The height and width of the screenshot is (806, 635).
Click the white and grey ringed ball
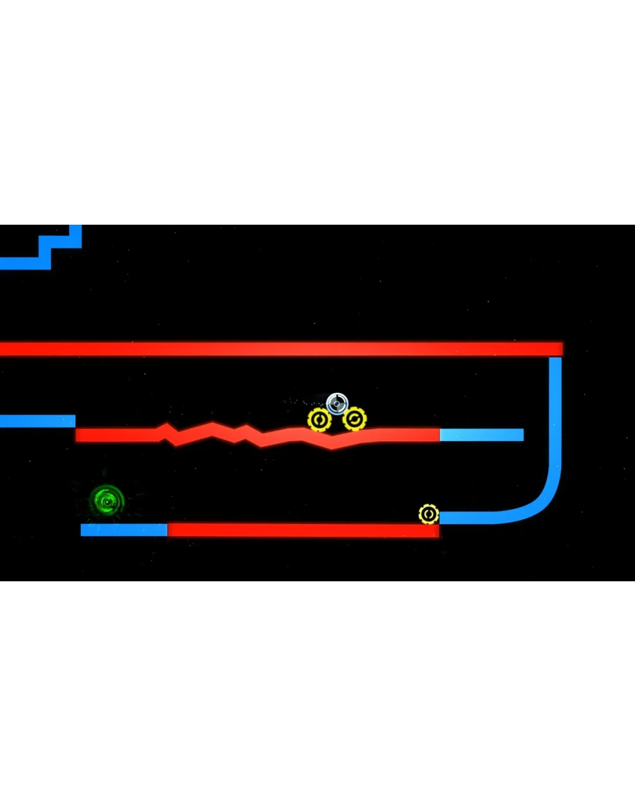pos(337,403)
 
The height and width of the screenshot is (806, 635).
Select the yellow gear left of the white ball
pos(320,420)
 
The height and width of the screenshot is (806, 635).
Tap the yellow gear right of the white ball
pos(354,419)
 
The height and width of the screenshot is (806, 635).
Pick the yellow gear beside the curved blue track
pos(428,514)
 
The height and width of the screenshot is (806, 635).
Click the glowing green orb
pos(107,500)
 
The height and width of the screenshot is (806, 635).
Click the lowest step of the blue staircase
pos(24,263)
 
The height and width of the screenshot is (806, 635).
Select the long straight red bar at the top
pos(279,348)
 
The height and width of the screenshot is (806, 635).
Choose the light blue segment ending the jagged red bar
pos(481,435)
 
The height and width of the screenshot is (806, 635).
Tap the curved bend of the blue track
pos(541,499)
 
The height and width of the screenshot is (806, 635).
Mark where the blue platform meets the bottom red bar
pos(167,530)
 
